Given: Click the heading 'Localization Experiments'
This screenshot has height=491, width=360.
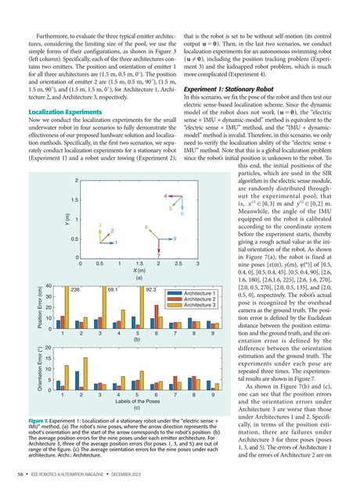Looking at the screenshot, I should [69, 112].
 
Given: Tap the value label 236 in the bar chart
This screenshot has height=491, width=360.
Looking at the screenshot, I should [77, 289].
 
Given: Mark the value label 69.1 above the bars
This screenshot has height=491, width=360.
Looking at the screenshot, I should [115, 289].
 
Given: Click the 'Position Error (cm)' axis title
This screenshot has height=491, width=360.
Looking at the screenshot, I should [49, 311].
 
